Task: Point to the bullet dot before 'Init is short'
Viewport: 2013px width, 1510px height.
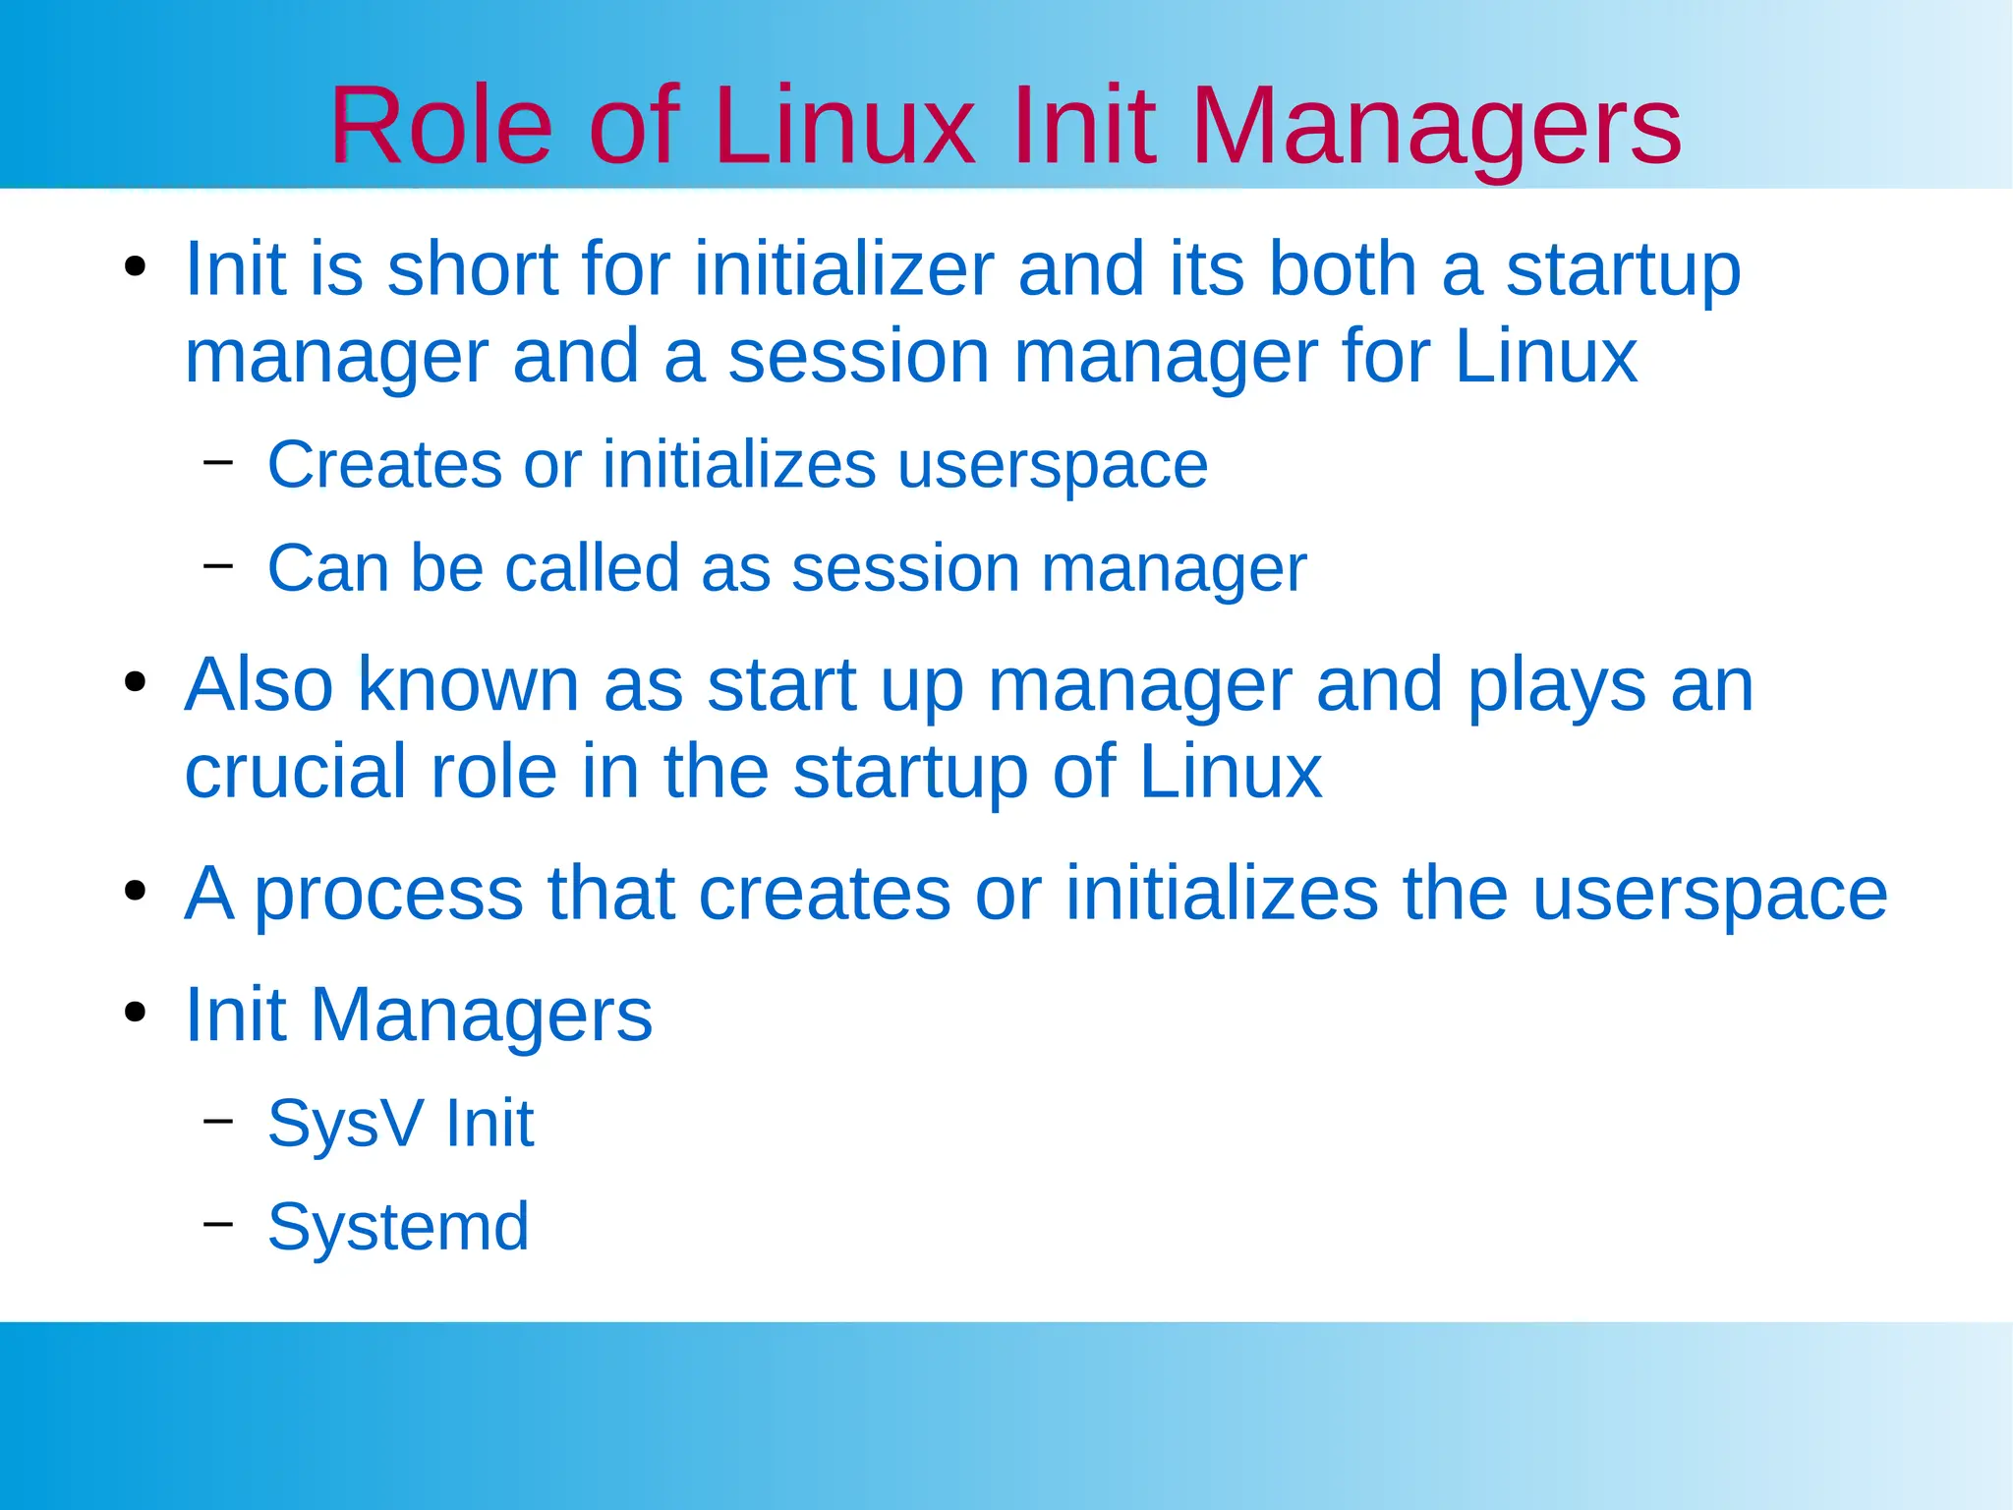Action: pyautogui.click(x=136, y=266)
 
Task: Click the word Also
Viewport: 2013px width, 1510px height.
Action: pyautogui.click(x=259, y=684)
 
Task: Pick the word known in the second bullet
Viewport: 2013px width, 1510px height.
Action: pyautogui.click(x=468, y=684)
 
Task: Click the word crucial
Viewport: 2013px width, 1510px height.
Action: pyautogui.click(x=295, y=772)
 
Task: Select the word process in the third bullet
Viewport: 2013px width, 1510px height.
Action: pyautogui.click(x=389, y=895)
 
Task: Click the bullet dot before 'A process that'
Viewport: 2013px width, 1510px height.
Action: pyautogui.click(x=136, y=891)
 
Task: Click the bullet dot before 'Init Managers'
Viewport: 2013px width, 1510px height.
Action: pyautogui.click(x=136, y=1012)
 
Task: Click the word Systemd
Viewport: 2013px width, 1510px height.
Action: pyautogui.click(x=398, y=1227)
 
